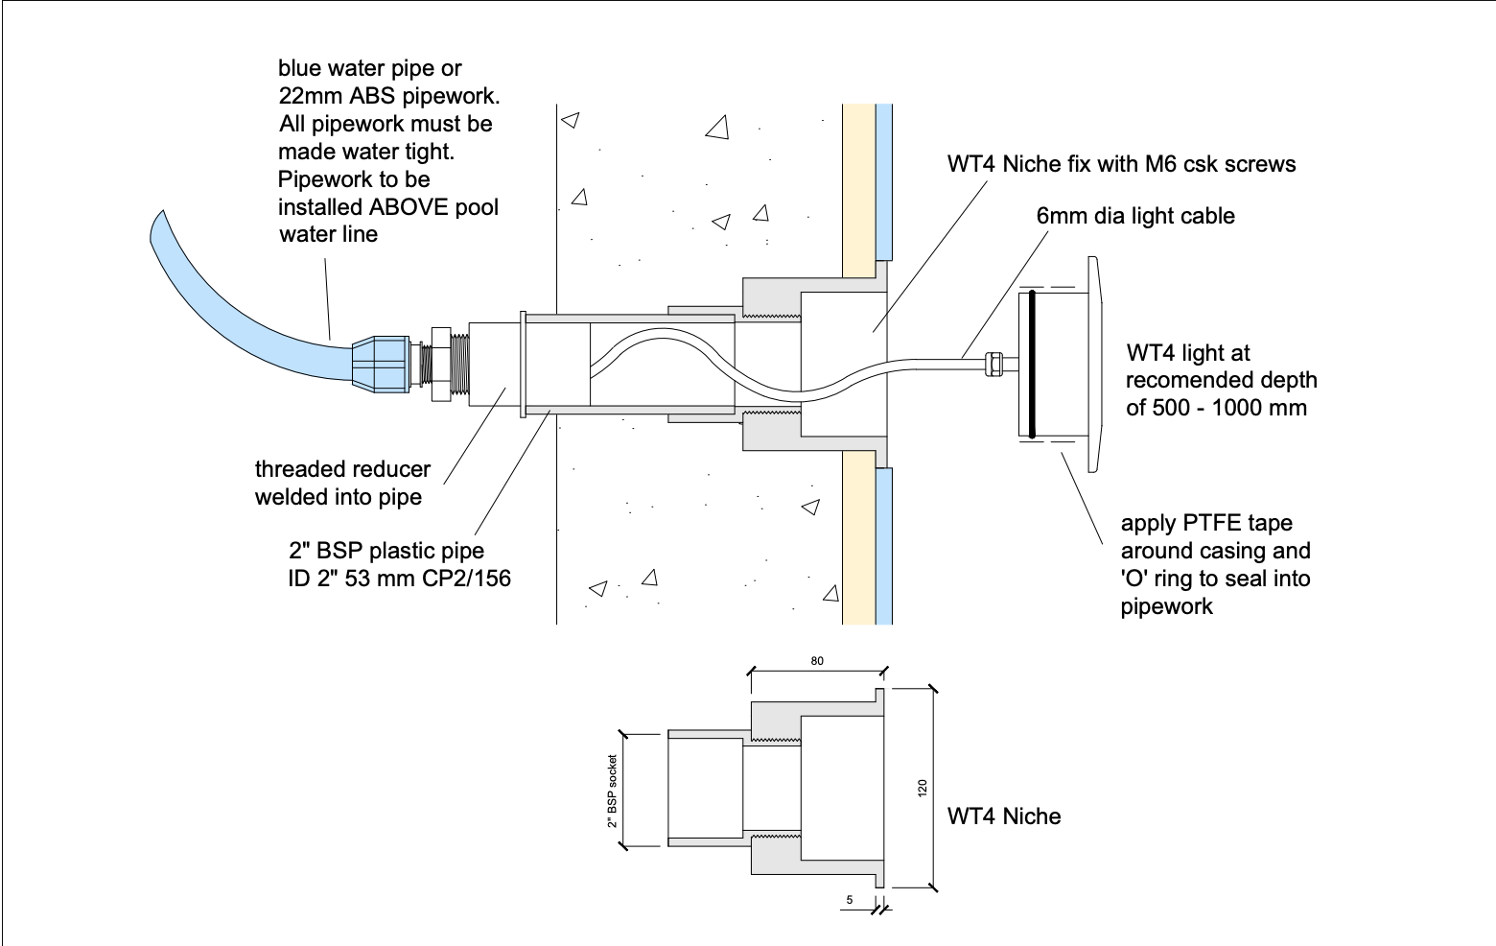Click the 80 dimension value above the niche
pyautogui.click(x=816, y=661)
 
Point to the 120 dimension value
pyautogui.click(x=923, y=788)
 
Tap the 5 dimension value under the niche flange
pyautogui.click(x=850, y=900)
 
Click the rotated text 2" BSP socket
pyautogui.click(x=612, y=791)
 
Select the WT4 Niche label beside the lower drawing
pyautogui.click(x=1004, y=816)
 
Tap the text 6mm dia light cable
pyautogui.click(x=1135, y=216)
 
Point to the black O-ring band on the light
pyautogui.click(x=1031, y=363)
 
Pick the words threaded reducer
pyautogui.click(x=342, y=469)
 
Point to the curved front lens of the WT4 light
pyautogui.click(x=1094, y=364)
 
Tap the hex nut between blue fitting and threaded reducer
pyautogui.click(x=440, y=364)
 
